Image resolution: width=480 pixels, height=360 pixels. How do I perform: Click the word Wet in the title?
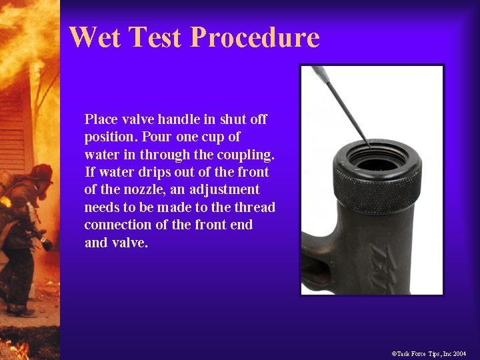[94, 37]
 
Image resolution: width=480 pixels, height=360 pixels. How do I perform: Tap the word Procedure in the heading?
[255, 38]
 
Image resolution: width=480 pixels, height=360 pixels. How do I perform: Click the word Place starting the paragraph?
[101, 119]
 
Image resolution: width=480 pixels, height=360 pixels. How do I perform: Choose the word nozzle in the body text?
[133, 189]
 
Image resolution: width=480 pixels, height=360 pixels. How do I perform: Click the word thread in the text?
[255, 207]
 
